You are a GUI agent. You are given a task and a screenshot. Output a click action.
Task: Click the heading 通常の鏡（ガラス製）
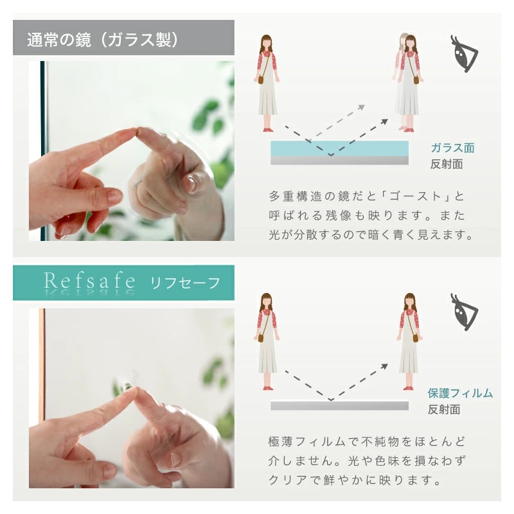click(x=103, y=39)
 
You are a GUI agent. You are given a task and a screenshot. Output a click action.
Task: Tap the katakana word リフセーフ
click(x=185, y=282)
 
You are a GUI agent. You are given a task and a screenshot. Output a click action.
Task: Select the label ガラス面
click(x=452, y=148)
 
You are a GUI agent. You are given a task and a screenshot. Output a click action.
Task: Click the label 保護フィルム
click(x=460, y=393)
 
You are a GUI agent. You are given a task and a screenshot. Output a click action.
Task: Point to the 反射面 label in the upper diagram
click(x=447, y=164)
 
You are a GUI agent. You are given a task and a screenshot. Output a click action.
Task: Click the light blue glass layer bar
click(x=339, y=148)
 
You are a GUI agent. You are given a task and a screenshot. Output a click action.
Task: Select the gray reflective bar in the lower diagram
click(x=339, y=406)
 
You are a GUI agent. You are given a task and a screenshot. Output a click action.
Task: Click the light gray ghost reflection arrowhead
click(x=362, y=108)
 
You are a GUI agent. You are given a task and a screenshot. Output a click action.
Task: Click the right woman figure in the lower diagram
click(x=409, y=342)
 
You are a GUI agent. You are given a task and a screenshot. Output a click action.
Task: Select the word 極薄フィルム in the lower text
click(x=303, y=442)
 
